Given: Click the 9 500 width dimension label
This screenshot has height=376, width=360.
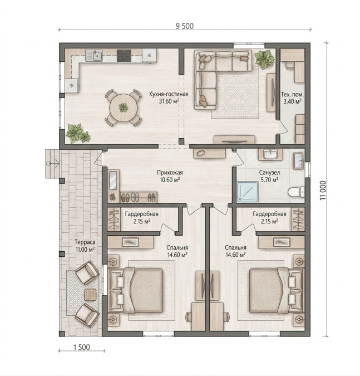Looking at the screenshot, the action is (184, 26).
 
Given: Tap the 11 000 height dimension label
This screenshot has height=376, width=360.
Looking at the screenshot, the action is (324, 190).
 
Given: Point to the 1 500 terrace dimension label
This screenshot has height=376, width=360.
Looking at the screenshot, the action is (81, 347).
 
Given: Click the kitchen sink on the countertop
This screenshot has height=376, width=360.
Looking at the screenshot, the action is (94, 56).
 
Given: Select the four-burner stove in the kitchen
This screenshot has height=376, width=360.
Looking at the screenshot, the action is (124, 56).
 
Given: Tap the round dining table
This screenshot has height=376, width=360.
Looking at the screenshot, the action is (124, 108).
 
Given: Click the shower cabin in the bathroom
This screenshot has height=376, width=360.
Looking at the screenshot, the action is (248, 192).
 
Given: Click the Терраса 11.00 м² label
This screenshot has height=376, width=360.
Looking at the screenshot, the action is (85, 246).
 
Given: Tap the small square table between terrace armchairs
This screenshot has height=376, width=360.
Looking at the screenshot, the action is (90, 295).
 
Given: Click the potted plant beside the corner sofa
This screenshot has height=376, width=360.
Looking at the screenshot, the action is (265, 59).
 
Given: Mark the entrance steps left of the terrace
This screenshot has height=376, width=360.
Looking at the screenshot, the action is (52, 164).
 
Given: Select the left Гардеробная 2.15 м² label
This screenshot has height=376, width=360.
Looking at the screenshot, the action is (141, 217).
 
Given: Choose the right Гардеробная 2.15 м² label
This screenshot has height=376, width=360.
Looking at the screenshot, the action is (269, 217).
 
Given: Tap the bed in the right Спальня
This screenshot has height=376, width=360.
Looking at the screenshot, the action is (276, 290).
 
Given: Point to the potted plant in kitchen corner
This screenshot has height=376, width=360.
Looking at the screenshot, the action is (78, 133).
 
